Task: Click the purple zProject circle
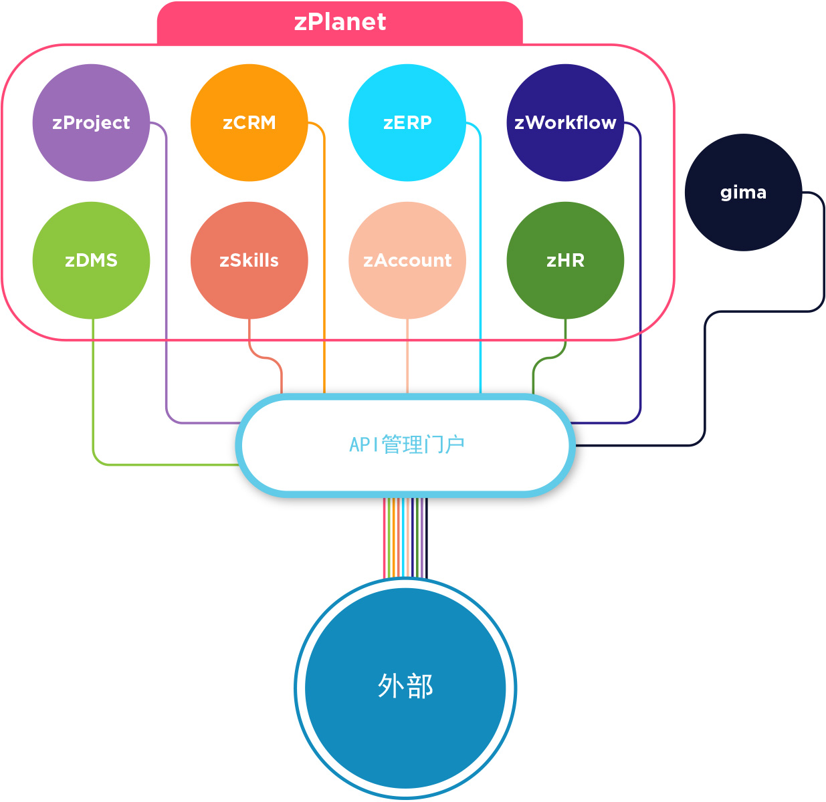pyautogui.click(x=91, y=122)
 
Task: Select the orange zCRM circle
pyautogui.click(x=249, y=122)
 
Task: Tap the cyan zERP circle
pyautogui.click(x=407, y=122)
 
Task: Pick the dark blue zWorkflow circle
pyautogui.click(x=565, y=122)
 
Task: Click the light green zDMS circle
pyautogui.click(x=91, y=260)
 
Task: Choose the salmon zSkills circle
pyautogui.click(x=249, y=260)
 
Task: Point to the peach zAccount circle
pyautogui.click(x=407, y=260)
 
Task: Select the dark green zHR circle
pyautogui.click(x=565, y=260)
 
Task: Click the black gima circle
pyautogui.click(x=743, y=192)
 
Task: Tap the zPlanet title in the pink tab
pyautogui.click(x=340, y=22)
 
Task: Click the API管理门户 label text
pyautogui.click(x=407, y=444)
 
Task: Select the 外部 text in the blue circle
pyautogui.click(x=405, y=686)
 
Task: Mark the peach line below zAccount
pyautogui.click(x=407, y=356)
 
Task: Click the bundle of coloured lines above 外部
pyautogui.click(x=405, y=538)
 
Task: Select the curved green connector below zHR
pyautogui.click(x=550, y=358)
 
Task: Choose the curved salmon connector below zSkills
pyautogui.click(x=266, y=358)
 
